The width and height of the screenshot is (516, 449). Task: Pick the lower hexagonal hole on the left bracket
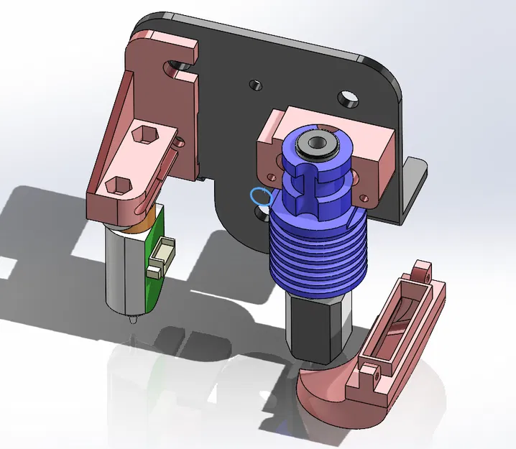(x=115, y=185)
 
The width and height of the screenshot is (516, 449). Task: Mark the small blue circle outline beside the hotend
(x=259, y=196)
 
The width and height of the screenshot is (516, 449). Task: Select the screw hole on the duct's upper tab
(x=425, y=274)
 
